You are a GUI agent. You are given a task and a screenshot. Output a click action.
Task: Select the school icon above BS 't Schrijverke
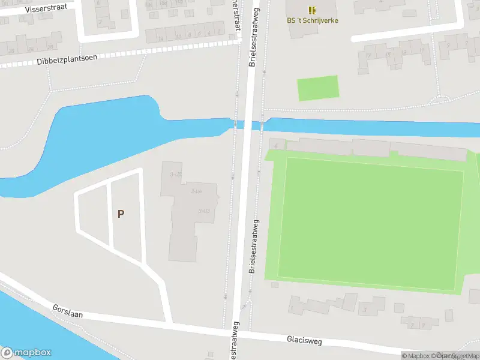312,10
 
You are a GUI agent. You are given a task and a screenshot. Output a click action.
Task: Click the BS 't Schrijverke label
312,20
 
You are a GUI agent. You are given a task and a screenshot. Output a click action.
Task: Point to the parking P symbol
121,214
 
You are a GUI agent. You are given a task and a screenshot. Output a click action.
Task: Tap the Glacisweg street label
304,341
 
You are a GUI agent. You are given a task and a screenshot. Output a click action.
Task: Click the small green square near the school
318,88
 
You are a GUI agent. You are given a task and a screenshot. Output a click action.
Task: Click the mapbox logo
26,353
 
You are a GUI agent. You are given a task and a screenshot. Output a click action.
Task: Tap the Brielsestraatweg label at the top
253,37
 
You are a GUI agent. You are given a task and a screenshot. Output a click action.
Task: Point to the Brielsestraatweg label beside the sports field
255,246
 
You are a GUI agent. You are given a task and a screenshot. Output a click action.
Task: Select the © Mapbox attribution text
418,356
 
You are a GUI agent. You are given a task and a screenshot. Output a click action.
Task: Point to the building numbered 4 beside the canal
277,145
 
